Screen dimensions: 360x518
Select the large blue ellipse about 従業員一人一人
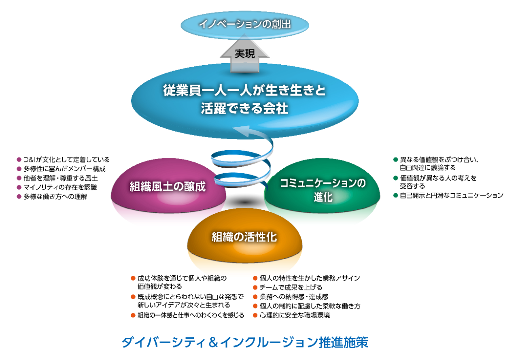245,99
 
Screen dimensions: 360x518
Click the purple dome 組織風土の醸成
168,187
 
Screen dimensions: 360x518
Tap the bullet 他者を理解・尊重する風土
60,178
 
